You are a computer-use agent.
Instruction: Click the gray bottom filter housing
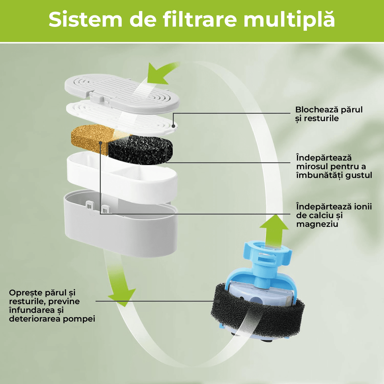point(120,223)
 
